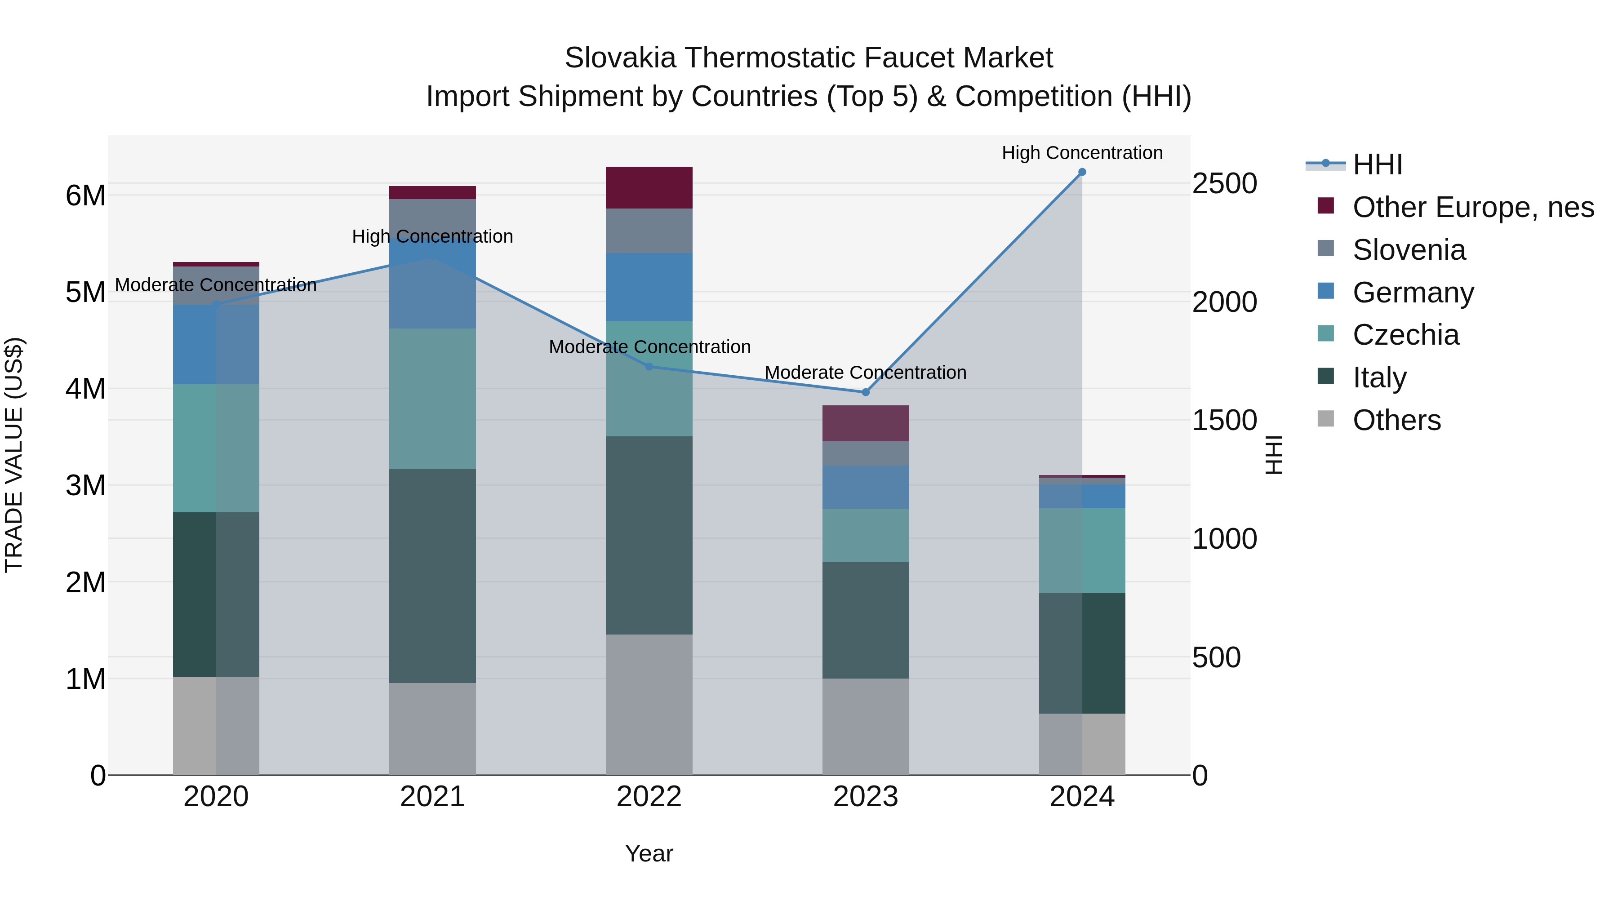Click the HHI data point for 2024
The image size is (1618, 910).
(1082, 172)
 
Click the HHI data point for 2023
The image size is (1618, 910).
(866, 392)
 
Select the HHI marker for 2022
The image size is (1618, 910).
(649, 367)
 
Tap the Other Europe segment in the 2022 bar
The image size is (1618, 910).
(649, 187)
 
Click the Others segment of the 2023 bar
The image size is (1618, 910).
(866, 726)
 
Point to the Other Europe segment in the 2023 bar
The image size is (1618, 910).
(866, 423)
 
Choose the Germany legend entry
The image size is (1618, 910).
(1413, 293)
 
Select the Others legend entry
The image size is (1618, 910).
(1396, 420)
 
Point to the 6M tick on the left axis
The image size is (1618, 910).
(85, 195)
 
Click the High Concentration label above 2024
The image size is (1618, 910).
(1082, 153)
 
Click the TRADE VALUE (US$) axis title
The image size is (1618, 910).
(14, 455)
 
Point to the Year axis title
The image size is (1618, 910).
(649, 853)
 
